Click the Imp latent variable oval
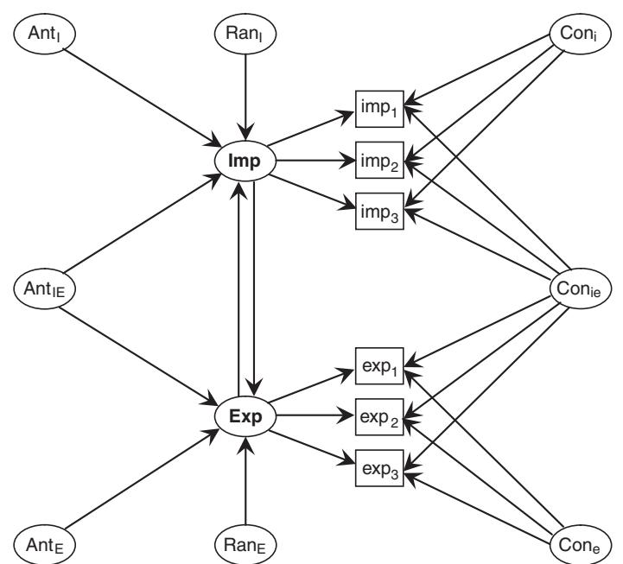tap(246, 162)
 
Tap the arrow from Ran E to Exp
tap(246, 484)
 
